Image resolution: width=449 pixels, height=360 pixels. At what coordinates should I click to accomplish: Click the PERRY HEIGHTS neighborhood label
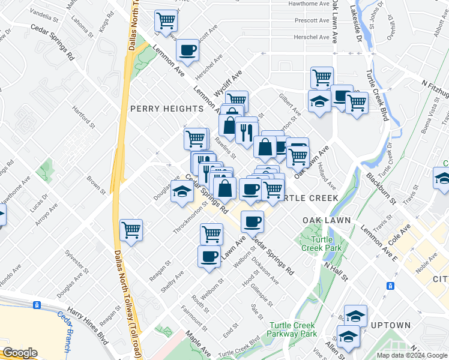click(166, 109)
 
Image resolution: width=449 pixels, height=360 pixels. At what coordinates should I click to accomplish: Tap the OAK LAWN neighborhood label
click(326, 220)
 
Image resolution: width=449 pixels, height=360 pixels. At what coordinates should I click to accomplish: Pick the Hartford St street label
click(84, 117)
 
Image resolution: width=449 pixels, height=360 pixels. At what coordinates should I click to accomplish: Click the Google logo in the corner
click(19, 353)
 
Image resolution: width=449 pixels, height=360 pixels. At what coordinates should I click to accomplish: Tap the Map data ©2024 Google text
click(412, 355)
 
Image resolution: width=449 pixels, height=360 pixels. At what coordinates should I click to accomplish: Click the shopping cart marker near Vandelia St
click(166, 21)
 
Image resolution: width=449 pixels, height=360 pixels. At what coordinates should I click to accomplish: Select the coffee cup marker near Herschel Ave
click(187, 50)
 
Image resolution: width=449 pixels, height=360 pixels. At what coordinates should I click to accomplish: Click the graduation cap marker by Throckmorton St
click(182, 192)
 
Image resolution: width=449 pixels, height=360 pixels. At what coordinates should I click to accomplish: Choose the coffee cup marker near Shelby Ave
click(209, 256)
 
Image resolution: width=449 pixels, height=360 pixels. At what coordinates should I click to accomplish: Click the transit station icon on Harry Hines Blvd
click(37, 305)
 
